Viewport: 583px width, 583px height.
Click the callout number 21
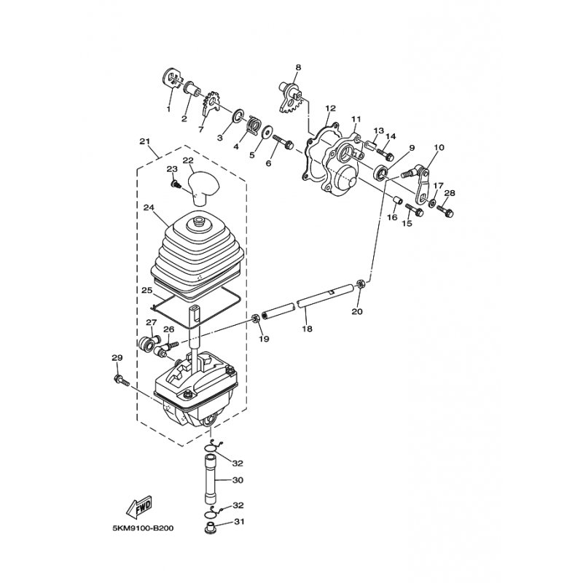coord(144,141)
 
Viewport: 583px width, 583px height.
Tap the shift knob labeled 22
coord(203,181)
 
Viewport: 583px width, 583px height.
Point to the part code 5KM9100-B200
coord(144,529)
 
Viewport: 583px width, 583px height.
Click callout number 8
coord(297,68)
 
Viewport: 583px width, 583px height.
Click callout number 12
coord(330,108)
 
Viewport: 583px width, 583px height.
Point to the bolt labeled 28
coord(447,212)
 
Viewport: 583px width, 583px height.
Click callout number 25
coord(147,290)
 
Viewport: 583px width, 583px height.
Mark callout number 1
coord(168,109)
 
